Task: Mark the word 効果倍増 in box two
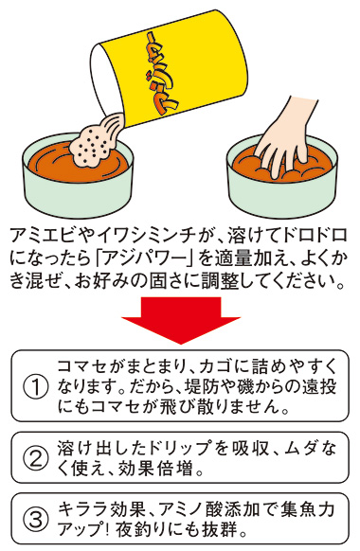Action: click(x=167, y=469)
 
